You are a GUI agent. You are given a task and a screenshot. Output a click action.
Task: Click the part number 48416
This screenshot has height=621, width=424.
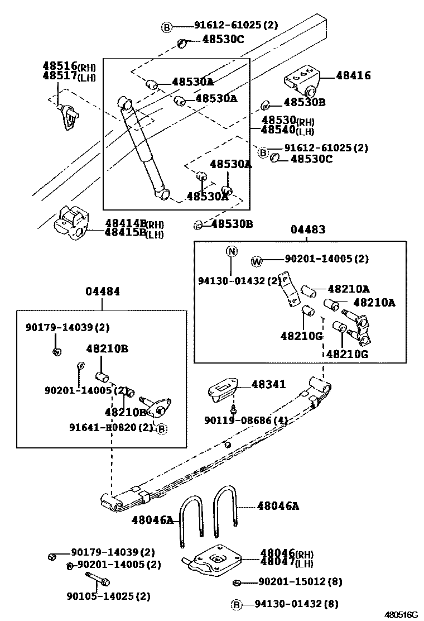coord(351,75)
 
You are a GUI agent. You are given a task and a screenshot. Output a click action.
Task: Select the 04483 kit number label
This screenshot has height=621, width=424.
coord(307,230)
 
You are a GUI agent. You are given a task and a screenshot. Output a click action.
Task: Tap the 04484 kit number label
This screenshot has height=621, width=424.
coord(102,292)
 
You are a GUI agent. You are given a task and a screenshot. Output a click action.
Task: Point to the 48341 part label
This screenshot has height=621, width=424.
coord(268,384)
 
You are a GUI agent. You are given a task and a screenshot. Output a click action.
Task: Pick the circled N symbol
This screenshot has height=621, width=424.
coord(232,251)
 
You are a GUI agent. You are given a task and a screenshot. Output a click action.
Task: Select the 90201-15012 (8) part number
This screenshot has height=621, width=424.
coord(300,582)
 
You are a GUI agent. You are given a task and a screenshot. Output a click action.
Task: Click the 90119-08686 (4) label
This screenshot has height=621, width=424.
coord(245,420)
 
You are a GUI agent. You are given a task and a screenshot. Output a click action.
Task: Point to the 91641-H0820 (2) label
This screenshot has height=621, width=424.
coord(110,427)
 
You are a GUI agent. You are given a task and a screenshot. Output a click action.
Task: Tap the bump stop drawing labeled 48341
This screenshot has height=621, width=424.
coord(223,389)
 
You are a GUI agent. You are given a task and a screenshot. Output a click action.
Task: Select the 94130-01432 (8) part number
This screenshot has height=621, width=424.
coord(297,604)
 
